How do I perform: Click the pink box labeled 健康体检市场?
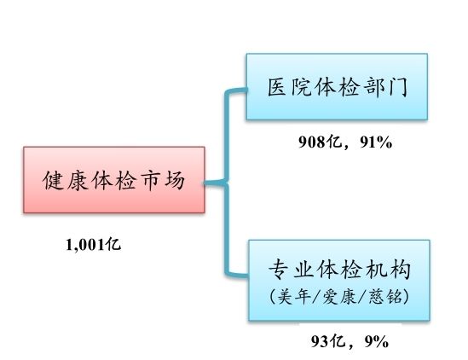114,180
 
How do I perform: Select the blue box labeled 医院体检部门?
337,87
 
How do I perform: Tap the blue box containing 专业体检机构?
339,280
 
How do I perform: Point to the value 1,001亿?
94,245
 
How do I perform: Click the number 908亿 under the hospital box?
321,142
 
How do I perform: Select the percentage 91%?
376,142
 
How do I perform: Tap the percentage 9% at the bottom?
377,341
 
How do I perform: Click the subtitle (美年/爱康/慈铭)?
339,297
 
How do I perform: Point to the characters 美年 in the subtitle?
294,297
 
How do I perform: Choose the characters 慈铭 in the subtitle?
384,297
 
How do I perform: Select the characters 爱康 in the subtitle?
339,297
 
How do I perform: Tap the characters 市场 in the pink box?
163,181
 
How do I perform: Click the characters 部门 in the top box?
385,87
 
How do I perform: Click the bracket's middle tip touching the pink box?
205,183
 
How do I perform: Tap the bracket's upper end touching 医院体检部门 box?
246,90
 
